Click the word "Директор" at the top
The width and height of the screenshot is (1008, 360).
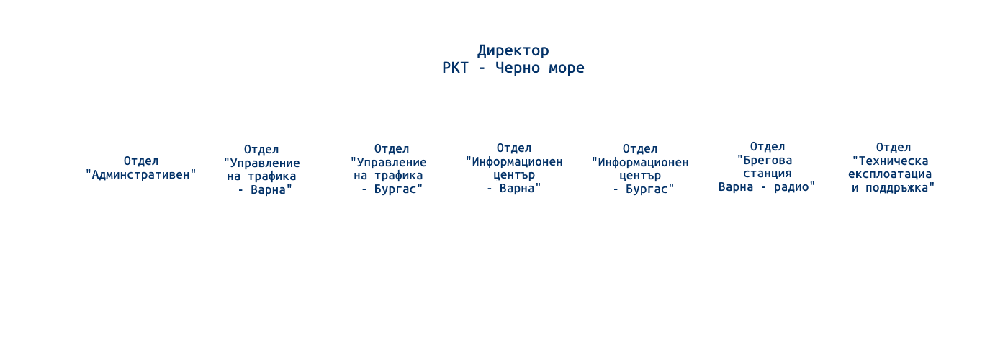coord(513,51)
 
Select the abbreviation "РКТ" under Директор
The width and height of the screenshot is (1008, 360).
coord(455,68)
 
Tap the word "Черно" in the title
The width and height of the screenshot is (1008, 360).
coord(518,68)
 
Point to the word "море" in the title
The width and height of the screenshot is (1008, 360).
coord(567,68)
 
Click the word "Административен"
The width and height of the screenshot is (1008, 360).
coord(141,174)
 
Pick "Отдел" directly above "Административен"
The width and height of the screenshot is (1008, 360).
coord(141,161)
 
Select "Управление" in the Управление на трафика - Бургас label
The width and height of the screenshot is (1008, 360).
coord(392,163)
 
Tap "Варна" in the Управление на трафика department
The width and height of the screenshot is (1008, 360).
coord(268,190)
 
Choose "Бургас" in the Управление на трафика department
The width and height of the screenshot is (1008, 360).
coord(395,189)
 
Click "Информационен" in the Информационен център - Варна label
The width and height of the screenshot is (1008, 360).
coord(517,162)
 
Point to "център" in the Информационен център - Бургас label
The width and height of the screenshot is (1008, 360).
coord(640,176)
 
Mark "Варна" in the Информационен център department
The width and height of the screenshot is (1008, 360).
coord(517,188)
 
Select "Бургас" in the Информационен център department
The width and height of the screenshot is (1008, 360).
coord(647,189)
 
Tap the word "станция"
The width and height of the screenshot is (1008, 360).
coord(768,174)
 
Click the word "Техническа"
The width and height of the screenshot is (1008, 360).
coord(894,161)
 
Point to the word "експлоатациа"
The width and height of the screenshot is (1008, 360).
coord(890,174)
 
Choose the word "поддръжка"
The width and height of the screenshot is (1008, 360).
coord(897,188)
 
